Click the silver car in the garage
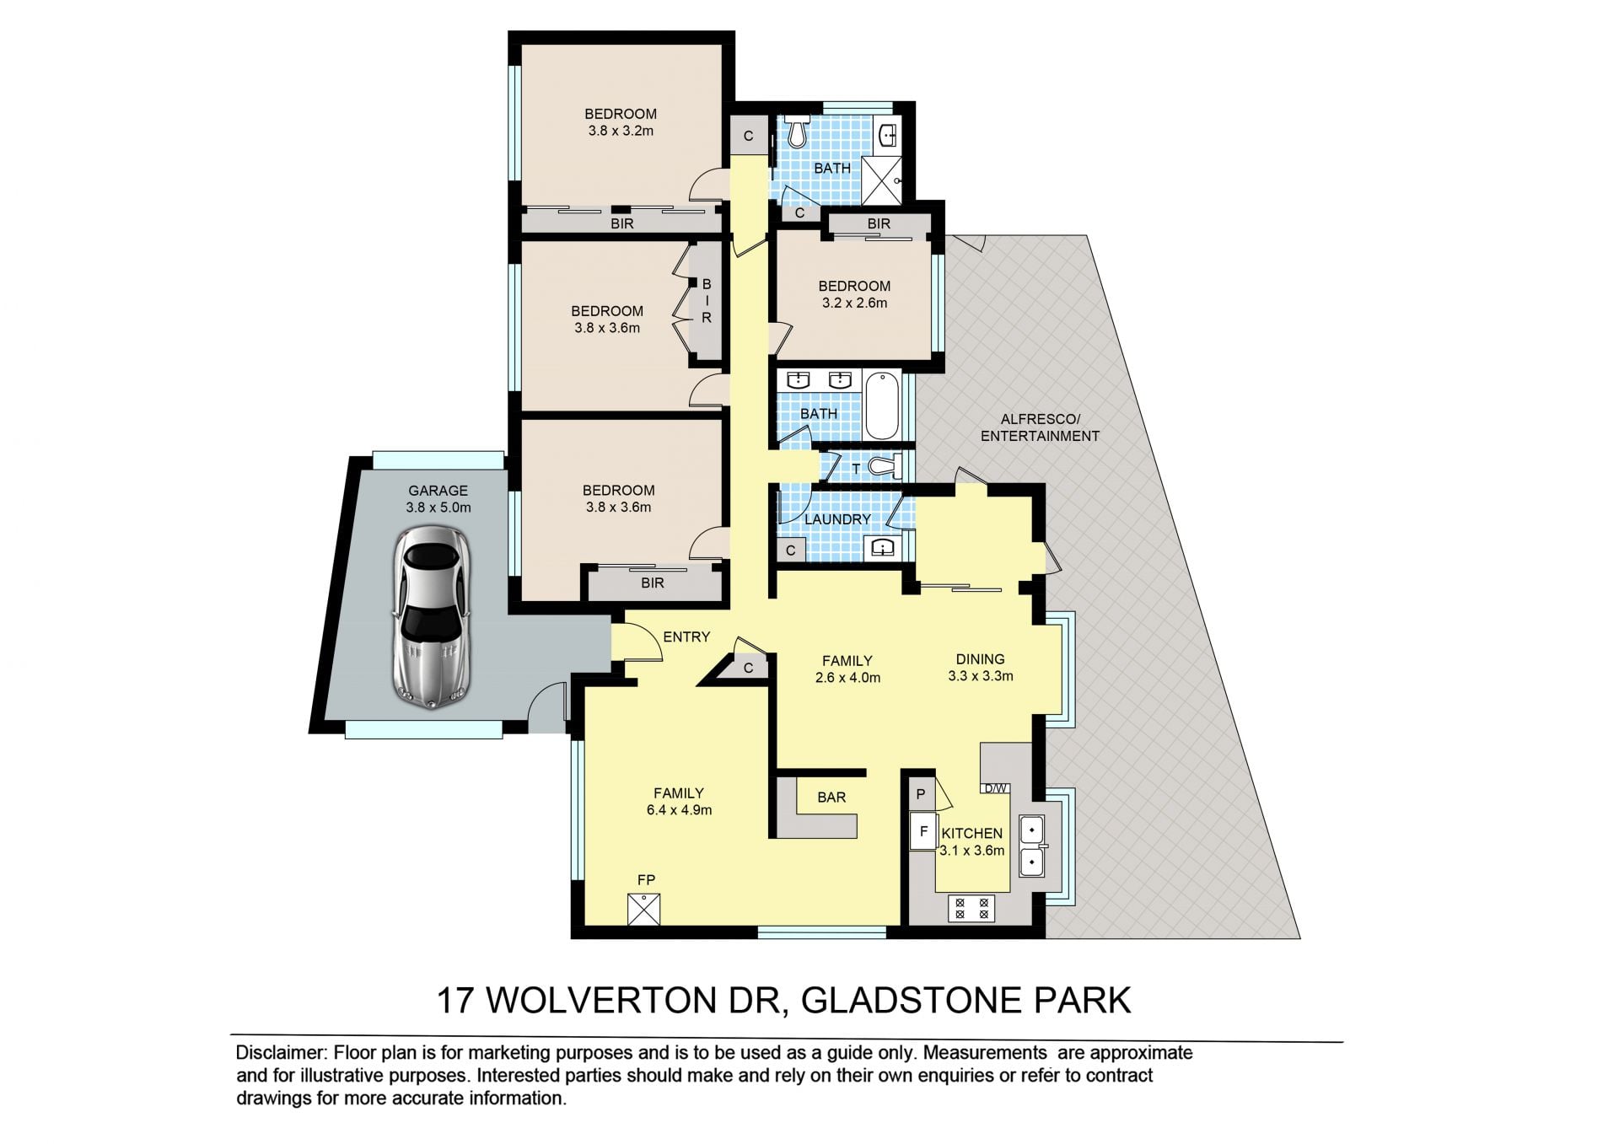click(x=432, y=615)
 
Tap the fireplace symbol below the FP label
click(x=644, y=910)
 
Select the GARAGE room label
click(x=438, y=491)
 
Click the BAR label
click(x=831, y=797)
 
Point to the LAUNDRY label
click(x=837, y=519)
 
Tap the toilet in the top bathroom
click(x=798, y=133)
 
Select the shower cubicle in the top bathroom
click(x=882, y=180)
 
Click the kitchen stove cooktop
click(x=971, y=908)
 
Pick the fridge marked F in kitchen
click(x=923, y=832)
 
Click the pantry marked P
click(x=921, y=793)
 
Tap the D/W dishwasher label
click(x=995, y=789)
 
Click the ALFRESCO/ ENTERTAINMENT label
click(x=1040, y=427)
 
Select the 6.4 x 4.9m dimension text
click(x=679, y=810)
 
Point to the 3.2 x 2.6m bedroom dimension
click(x=854, y=303)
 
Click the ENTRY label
click(x=686, y=637)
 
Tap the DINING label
click(x=980, y=659)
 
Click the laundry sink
click(x=882, y=548)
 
